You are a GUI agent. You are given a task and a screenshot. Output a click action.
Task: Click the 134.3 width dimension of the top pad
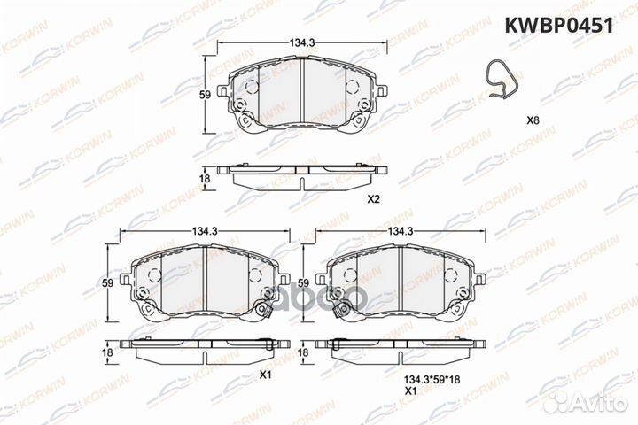pyautogui.click(x=298, y=39)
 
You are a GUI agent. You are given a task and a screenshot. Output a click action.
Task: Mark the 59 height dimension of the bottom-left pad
pyautogui.click(x=106, y=283)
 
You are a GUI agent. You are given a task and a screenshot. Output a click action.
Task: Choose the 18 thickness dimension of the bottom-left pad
pyautogui.click(x=106, y=352)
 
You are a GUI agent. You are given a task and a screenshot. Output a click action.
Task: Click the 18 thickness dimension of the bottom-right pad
pyautogui.click(x=303, y=352)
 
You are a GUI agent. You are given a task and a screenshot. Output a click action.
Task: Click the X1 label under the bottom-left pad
pyautogui.click(x=263, y=375)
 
